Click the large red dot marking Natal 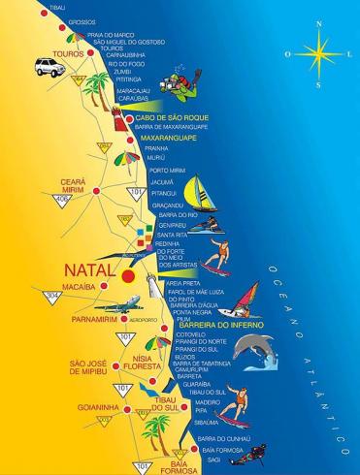coord(128,275)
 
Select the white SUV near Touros coord(45,66)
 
